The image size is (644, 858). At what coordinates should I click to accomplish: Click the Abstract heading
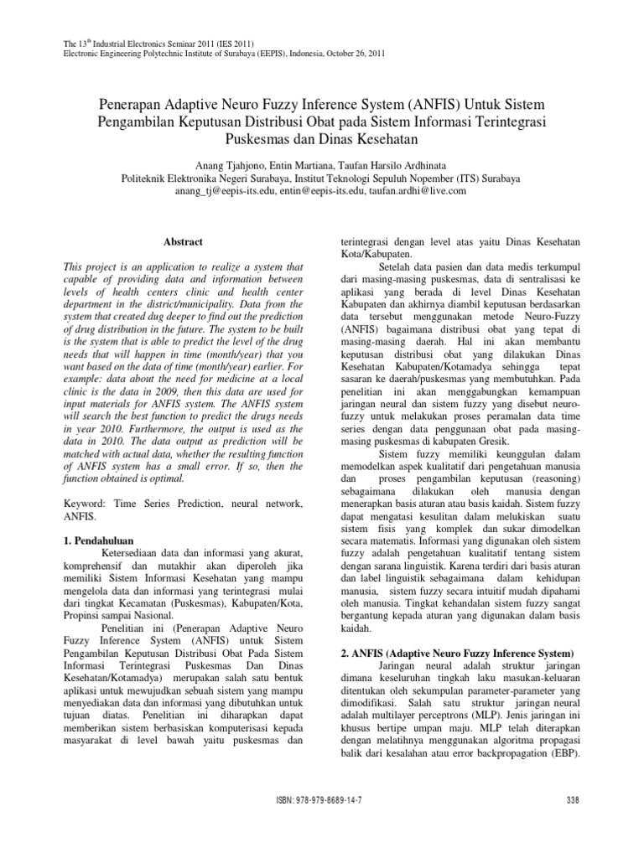[183, 242]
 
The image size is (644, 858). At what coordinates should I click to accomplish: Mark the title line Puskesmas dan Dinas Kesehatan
[322, 137]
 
